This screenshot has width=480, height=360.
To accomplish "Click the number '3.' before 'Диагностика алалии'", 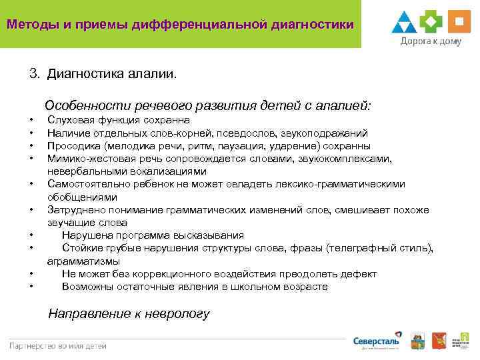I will click(35, 73).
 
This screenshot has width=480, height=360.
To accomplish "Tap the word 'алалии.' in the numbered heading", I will click(155, 73).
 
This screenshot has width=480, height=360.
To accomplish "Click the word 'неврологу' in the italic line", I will click(179, 313).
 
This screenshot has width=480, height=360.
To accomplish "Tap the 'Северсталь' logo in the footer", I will click(377, 341).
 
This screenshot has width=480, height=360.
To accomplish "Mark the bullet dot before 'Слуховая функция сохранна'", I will click(31, 121).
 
